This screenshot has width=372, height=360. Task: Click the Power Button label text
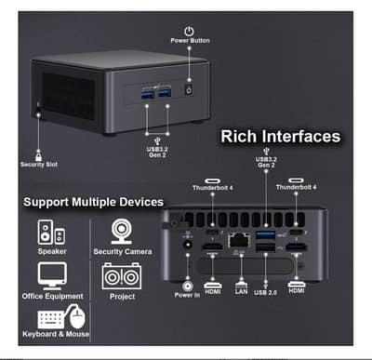pos(189,41)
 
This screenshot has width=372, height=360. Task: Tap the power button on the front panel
pos(189,91)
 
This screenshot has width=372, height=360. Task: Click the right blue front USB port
pos(166,93)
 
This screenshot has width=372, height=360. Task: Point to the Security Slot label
pos(38,165)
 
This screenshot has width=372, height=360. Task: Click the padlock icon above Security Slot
pos(38,151)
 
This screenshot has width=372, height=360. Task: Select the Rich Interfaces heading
pos(280,137)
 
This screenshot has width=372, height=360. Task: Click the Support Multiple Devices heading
pos(93,202)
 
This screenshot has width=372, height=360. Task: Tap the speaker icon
pos(50,232)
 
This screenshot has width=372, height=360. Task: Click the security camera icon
pos(121,230)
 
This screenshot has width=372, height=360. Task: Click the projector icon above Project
pos(119,275)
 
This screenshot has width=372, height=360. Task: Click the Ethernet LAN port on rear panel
pos(237,238)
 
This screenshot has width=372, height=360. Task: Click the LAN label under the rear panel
pos(241,291)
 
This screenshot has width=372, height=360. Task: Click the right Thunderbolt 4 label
pos(297,188)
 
